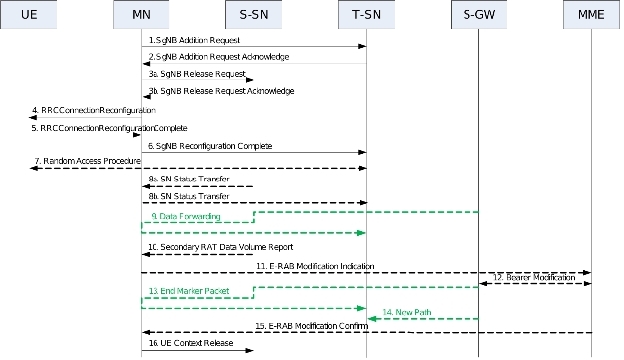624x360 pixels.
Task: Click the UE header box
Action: click(29, 15)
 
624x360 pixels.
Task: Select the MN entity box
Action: click(141, 15)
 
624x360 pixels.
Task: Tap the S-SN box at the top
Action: click(254, 15)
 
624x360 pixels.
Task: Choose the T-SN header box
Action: click(367, 15)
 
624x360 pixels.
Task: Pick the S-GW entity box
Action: click(479, 15)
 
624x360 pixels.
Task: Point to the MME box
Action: click(591, 15)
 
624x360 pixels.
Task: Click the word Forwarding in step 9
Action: click(200, 216)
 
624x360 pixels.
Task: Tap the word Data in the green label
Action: click(168, 216)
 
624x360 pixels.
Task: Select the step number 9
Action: click(155, 216)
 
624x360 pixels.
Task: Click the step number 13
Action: click(153, 291)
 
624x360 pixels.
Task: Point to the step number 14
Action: click(387, 312)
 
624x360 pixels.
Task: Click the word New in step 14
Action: click(404, 312)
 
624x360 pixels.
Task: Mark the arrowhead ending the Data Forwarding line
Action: click(363, 233)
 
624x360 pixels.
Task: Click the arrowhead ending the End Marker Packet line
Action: click(363, 308)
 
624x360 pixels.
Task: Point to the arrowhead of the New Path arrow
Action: click(371, 319)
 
